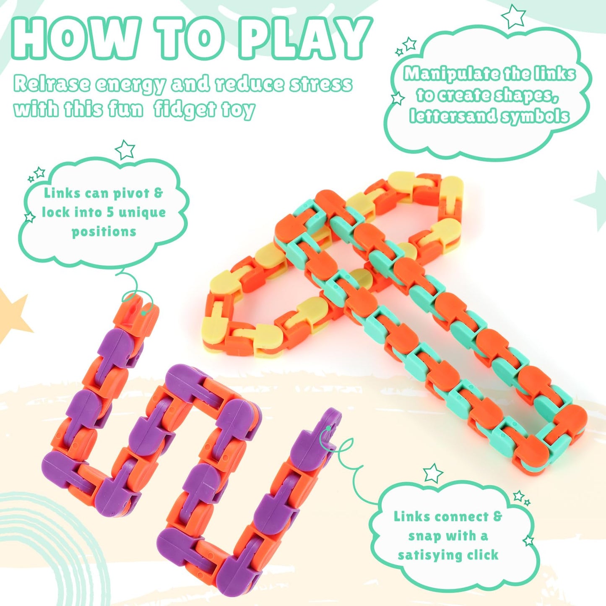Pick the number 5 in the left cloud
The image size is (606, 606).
pyautogui.click(x=110, y=212)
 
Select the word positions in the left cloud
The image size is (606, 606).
pyautogui.click(x=104, y=231)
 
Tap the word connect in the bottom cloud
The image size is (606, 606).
pyautogui.click(x=464, y=517)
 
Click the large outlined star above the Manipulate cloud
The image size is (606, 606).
pyautogui.click(x=513, y=16)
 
